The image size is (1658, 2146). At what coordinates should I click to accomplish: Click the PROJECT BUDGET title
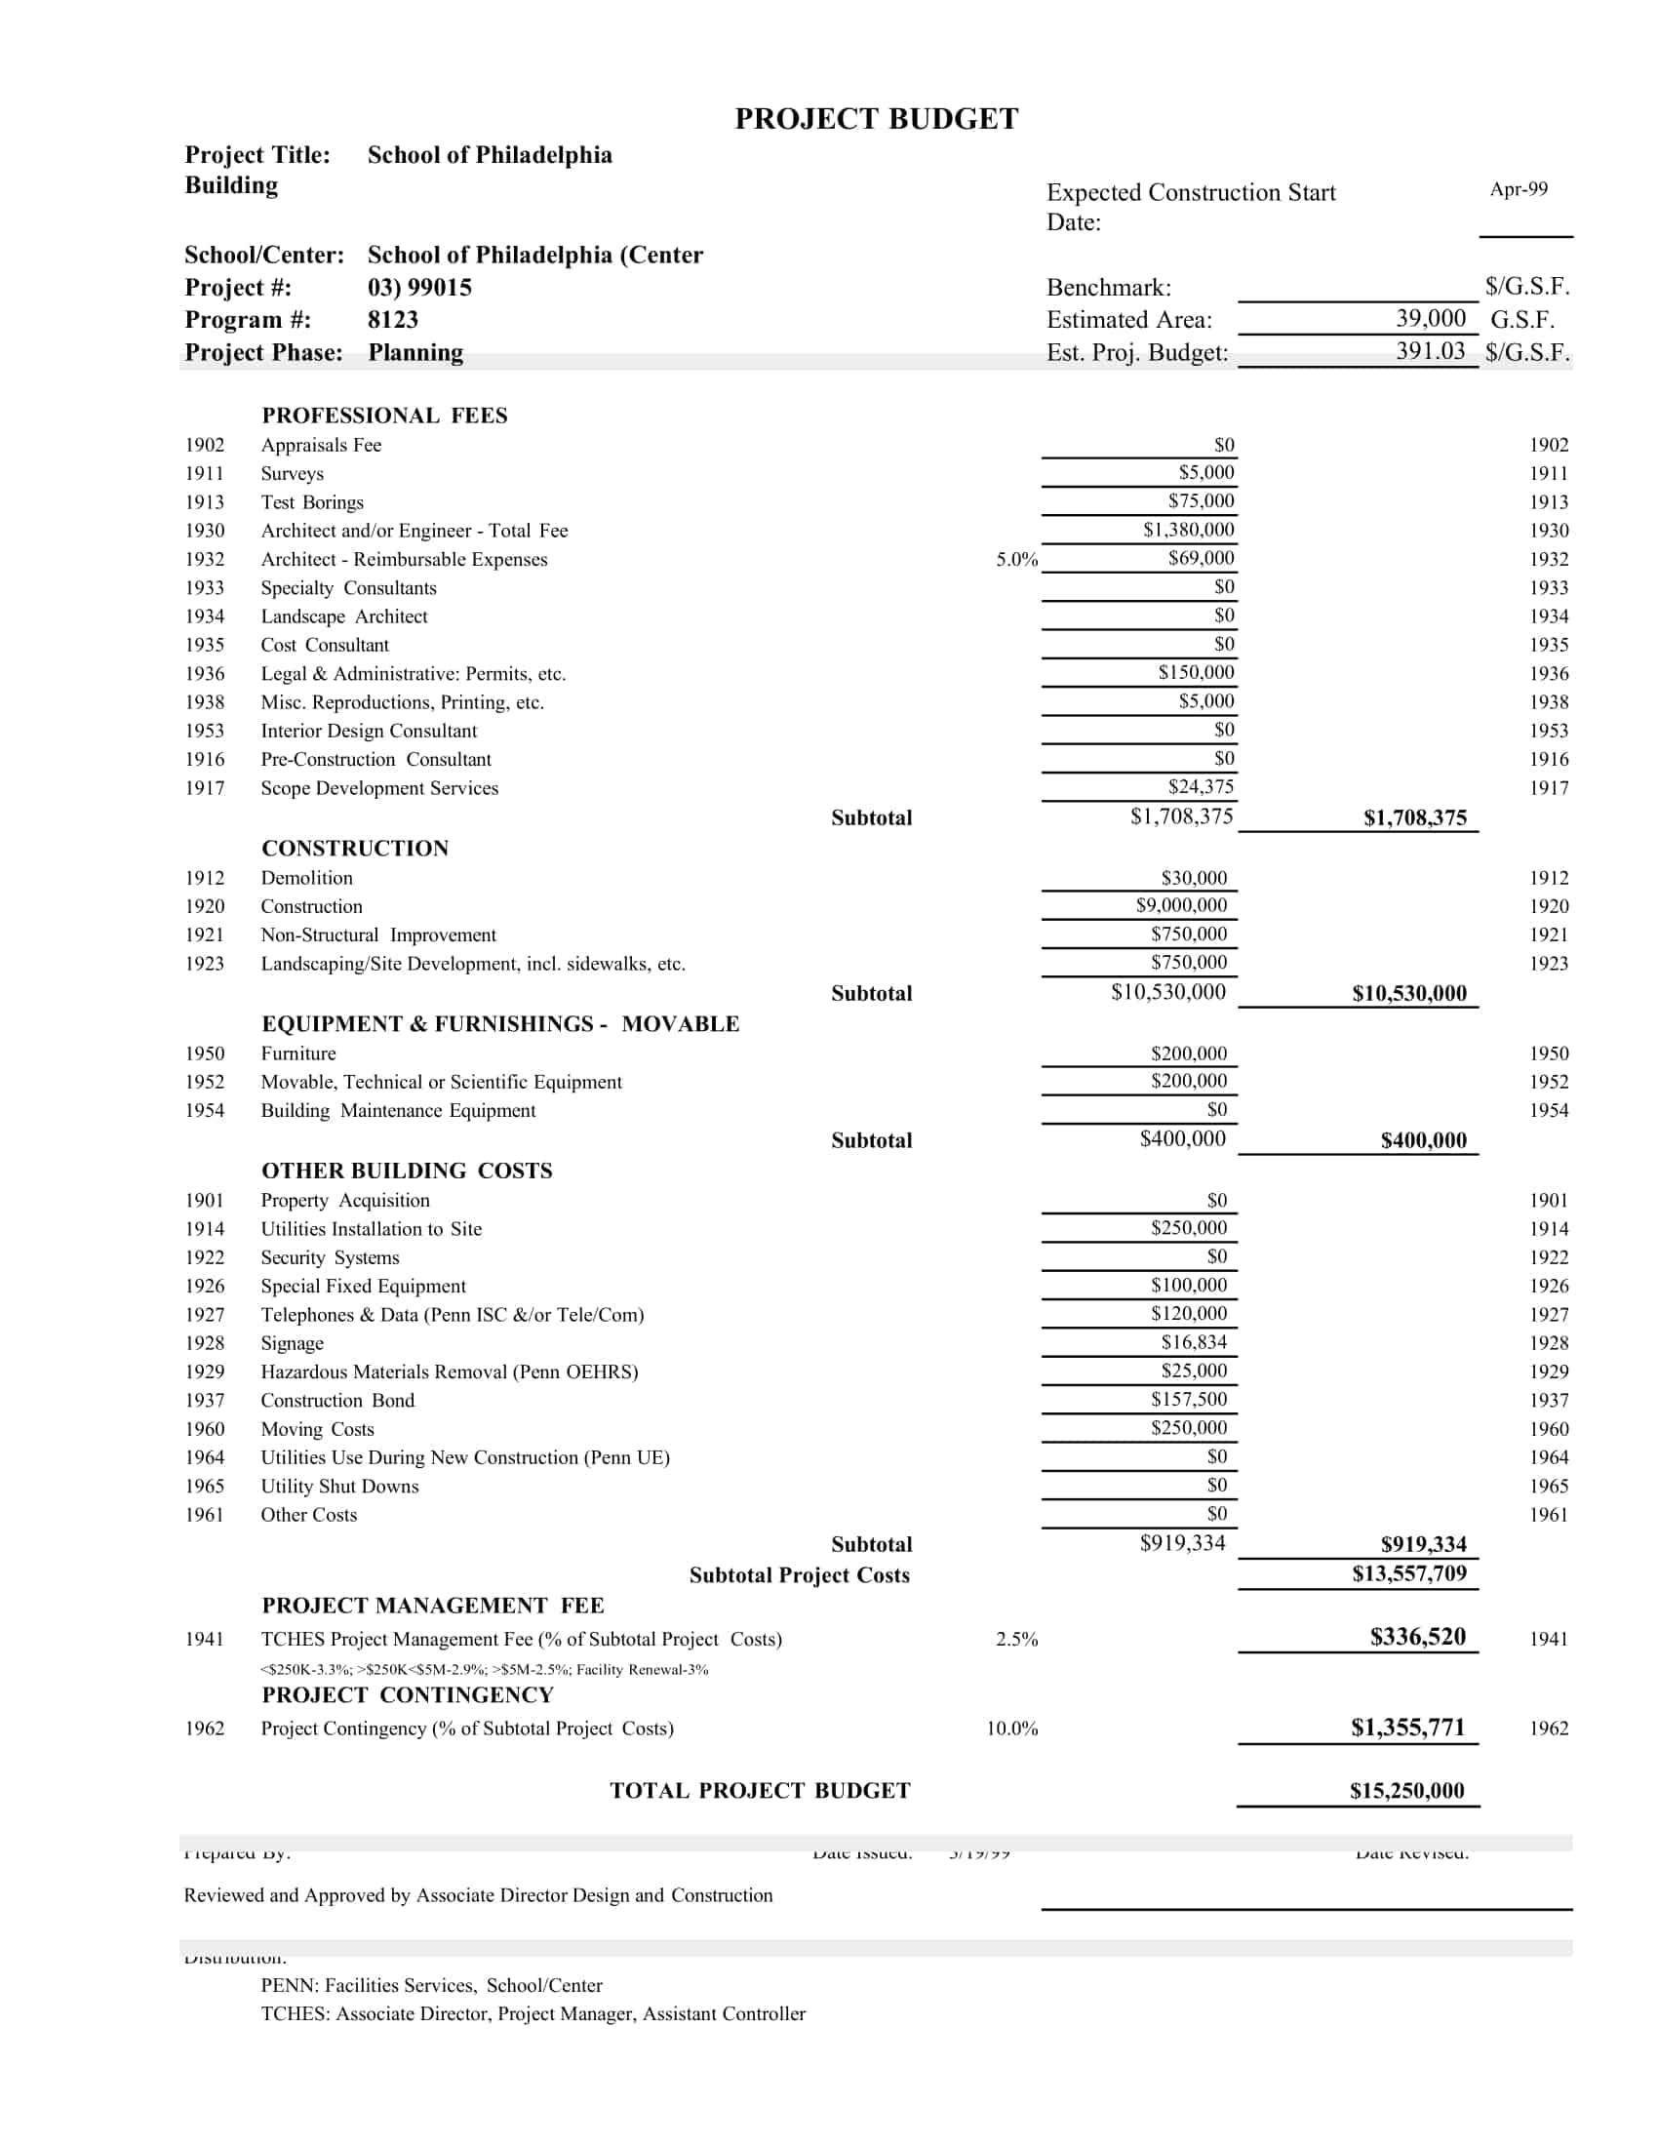pyautogui.click(x=876, y=119)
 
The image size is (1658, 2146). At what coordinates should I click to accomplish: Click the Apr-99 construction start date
pyautogui.click(x=1518, y=188)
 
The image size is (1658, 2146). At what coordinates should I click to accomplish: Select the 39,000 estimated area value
pyautogui.click(x=1430, y=318)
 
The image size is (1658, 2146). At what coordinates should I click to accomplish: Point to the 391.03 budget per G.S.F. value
pyautogui.click(x=1430, y=352)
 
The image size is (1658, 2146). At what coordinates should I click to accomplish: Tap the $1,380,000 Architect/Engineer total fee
pyautogui.click(x=1188, y=530)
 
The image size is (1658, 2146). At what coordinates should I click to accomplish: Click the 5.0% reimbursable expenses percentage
pyautogui.click(x=1015, y=560)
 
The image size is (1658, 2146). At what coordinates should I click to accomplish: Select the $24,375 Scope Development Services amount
pyautogui.click(x=1201, y=786)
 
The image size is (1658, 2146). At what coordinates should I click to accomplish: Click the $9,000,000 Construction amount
pyautogui.click(x=1181, y=905)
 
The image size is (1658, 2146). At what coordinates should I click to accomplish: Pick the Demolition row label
pyautogui.click(x=306, y=879)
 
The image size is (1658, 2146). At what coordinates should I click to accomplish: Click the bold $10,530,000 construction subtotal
pyautogui.click(x=1408, y=993)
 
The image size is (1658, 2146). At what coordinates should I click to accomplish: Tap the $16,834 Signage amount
pyautogui.click(x=1194, y=1342)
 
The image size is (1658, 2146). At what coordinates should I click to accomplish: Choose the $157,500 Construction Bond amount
pyautogui.click(x=1189, y=1399)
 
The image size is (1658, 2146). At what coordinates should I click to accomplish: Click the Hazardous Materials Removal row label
pyautogui.click(x=449, y=1371)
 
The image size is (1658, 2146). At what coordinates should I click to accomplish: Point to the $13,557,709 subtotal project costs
pyautogui.click(x=1408, y=1574)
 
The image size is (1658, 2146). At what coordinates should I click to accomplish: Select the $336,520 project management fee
pyautogui.click(x=1417, y=1637)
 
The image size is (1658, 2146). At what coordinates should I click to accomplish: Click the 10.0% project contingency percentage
pyautogui.click(x=1011, y=1729)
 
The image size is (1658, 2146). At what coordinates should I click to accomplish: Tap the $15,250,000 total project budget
pyautogui.click(x=1406, y=1790)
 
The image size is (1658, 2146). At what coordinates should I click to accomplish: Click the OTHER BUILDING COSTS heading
pyautogui.click(x=407, y=1171)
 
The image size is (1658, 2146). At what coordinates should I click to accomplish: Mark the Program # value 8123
pyautogui.click(x=393, y=319)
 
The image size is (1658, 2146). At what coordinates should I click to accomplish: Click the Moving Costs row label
pyautogui.click(x=317, y=1429)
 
